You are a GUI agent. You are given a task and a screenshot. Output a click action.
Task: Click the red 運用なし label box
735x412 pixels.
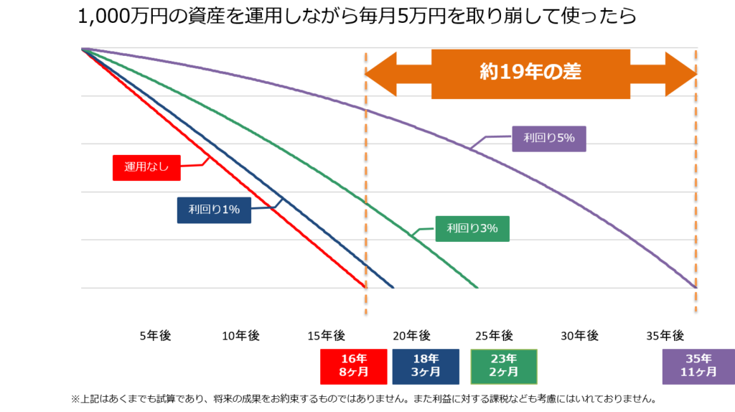coord(146,167)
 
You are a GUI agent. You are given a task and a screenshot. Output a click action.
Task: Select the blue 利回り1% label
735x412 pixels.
coord(214,210)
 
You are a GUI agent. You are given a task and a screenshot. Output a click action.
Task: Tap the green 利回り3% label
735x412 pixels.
coord(472,228)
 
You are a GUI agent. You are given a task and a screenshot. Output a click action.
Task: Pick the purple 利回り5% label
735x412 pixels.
coord(549,139)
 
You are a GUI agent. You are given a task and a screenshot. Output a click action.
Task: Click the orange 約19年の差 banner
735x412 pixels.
coord(530,73)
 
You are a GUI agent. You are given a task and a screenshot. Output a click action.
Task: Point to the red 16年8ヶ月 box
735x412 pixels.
coord(354,367)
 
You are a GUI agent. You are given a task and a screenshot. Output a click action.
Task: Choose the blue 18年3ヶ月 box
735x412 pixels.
coord(426,367)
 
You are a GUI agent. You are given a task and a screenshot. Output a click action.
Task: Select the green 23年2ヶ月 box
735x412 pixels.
coord(504,367)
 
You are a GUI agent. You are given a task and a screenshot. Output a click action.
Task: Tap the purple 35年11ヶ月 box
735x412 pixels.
coord(698,367)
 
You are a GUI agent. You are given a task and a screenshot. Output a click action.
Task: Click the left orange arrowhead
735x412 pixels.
coord(380,73)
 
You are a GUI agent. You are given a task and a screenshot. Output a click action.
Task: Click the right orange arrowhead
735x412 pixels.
coord(680,73)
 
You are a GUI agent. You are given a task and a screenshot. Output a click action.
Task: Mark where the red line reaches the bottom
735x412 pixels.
coord(365,287)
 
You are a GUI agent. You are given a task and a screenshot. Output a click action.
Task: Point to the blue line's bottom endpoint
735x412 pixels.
coord(393,287)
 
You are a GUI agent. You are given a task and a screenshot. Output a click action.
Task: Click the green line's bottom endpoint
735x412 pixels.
coord(478,287)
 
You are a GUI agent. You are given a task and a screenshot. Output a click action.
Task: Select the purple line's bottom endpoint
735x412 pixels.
coord(695,287)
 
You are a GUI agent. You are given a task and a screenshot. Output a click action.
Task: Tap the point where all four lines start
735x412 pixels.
coord(83,49)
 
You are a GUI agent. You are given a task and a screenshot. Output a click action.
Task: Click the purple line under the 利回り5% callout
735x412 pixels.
coord(472,148)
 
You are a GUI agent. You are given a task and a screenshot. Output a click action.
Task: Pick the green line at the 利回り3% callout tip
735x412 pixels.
coord(414,235)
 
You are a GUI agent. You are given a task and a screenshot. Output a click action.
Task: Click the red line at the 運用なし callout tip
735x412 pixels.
coord(208,156)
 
